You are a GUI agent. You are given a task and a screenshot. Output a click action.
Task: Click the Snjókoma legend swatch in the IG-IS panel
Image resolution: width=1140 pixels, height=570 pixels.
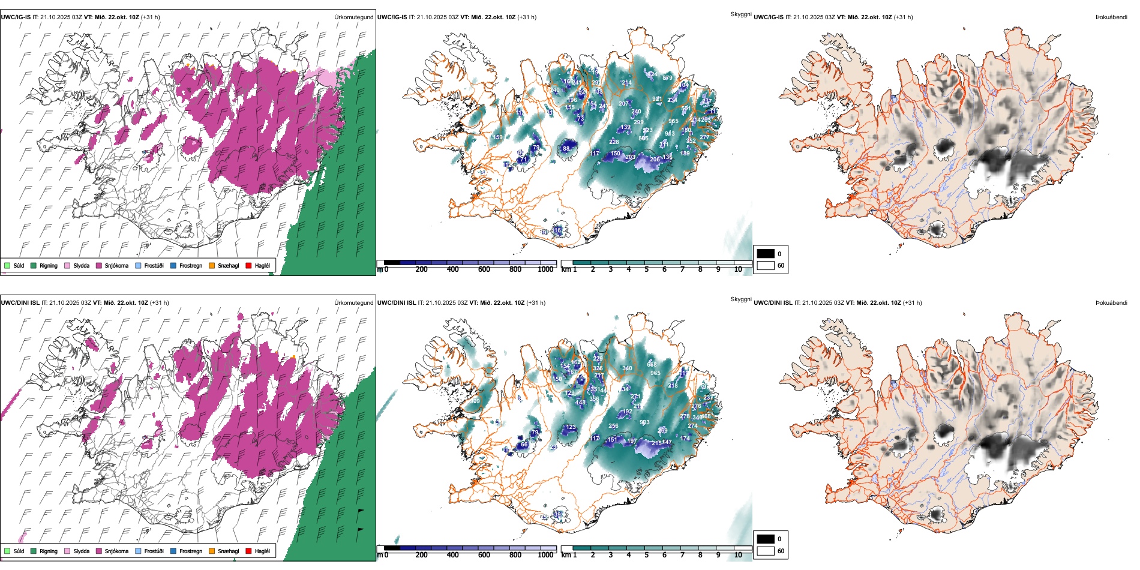(99, 266)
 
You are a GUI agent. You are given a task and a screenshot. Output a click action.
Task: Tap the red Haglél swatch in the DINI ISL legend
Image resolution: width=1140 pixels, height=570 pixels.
(248, 551)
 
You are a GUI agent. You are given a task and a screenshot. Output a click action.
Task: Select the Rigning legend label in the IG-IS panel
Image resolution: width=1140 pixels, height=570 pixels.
(49, 266)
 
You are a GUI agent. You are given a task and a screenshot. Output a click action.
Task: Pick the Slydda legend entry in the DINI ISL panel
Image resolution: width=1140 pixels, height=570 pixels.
(81, 551)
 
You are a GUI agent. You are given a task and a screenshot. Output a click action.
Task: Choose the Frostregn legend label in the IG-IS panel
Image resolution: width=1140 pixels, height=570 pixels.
(191, 266)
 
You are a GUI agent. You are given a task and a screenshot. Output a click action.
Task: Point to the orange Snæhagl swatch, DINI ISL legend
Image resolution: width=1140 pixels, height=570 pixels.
(212, 551)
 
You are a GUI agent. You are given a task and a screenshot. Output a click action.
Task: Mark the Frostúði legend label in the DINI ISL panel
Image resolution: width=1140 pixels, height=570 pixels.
(154, 551)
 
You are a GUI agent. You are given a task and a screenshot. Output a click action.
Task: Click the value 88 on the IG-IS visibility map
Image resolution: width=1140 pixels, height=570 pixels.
(566, 149)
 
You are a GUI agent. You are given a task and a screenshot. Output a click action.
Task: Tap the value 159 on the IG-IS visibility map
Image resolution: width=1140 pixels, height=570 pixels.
(498, 137)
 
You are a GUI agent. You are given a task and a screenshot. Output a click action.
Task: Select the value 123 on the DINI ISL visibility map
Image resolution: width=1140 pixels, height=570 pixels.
(571, 428)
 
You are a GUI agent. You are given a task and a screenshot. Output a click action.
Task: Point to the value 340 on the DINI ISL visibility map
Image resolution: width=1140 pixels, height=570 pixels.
(627, 368)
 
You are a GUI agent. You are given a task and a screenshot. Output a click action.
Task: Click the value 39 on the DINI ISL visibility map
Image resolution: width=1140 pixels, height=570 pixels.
(557, 515)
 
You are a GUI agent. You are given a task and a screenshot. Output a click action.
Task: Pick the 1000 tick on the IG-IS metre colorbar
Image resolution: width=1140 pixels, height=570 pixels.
(545, 269)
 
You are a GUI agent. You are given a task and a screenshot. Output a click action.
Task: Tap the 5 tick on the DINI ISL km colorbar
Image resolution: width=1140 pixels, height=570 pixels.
(646, 555)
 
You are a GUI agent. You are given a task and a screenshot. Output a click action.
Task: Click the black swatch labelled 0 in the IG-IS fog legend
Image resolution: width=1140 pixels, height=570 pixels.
(766, 254)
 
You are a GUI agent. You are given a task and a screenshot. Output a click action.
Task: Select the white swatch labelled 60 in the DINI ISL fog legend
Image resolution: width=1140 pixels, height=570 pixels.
(766, 551)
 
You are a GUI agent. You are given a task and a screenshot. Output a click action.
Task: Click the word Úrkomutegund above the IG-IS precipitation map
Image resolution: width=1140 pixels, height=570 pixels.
(353, 17)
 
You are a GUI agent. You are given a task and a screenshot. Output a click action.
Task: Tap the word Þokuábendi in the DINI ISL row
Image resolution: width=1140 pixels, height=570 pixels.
(1111, 303)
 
